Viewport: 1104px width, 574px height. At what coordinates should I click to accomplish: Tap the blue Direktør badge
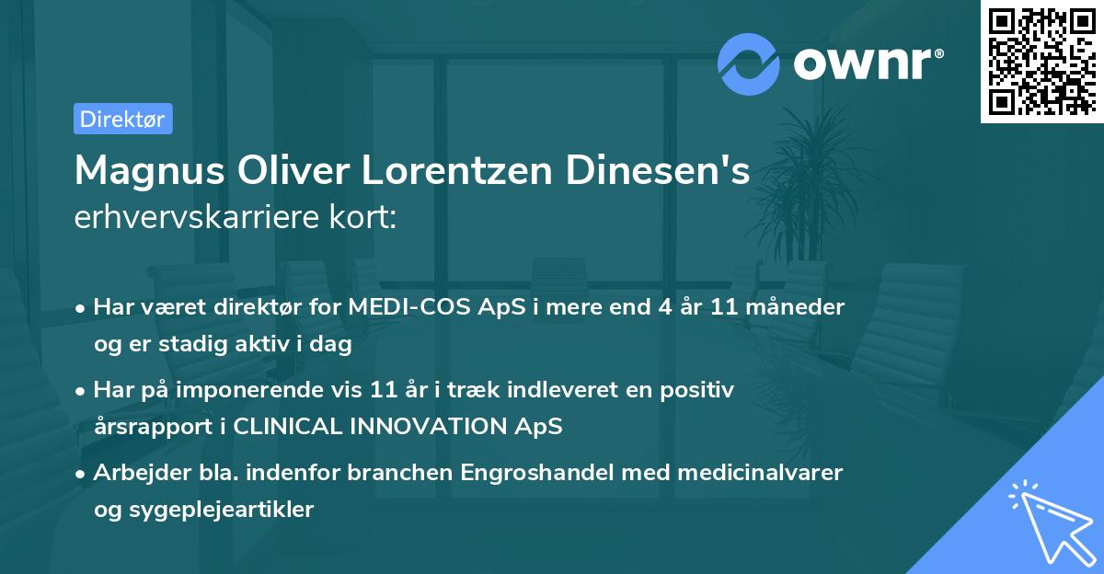tap(122, 119)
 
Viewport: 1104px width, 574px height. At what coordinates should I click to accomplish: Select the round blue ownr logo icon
tap(749, 63)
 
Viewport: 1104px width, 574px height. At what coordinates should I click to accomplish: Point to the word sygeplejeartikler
tap(223, 509)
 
